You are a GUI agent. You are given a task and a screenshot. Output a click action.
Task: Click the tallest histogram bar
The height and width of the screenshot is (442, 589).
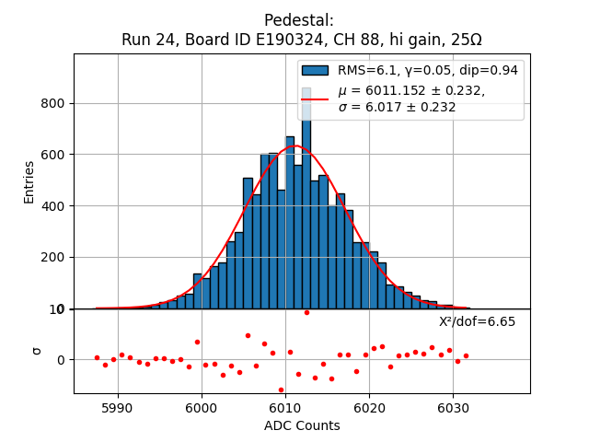[306, 212]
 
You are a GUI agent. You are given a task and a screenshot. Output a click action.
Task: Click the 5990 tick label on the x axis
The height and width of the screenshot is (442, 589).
[117, 407]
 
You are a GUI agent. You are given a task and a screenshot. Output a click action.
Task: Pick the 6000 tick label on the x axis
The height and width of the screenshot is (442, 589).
[201, 407]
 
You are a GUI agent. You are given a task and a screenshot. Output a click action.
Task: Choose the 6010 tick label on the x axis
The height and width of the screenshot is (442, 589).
[284, 407]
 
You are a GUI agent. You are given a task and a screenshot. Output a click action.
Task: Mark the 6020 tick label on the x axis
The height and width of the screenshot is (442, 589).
[368, 407]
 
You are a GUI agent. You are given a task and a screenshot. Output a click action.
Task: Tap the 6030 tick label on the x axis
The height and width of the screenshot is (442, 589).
[452, 407]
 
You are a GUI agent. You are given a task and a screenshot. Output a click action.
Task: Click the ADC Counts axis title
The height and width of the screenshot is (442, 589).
[302, 425]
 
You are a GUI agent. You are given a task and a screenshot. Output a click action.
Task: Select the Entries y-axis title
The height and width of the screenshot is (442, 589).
[29, 181]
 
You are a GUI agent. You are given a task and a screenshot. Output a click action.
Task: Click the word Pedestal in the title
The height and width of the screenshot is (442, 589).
[299, 20]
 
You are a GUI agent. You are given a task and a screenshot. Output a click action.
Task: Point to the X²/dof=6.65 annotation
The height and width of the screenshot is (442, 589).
[477, 321]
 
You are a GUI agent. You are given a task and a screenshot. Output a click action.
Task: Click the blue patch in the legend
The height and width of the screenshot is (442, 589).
[315, 70]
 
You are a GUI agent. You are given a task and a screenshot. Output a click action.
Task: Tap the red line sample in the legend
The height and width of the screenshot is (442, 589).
[315, 98]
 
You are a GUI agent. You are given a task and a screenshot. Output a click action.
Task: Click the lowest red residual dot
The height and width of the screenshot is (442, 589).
[281, 390]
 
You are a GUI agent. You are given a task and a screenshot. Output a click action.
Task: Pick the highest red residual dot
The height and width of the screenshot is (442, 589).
[306, 312]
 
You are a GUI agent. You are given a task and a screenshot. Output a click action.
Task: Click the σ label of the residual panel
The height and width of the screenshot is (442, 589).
[38, 350]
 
